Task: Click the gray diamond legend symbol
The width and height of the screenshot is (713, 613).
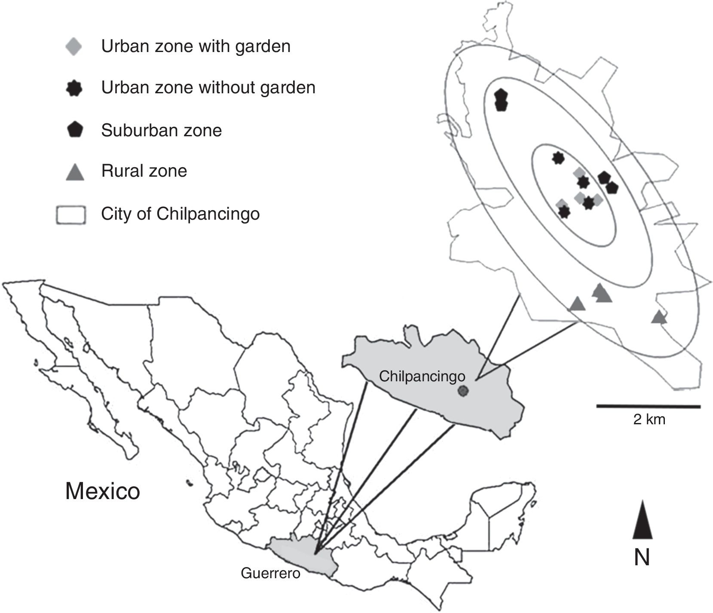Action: tap(73, 46)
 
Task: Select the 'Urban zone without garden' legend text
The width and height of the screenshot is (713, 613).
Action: tap(208, 88)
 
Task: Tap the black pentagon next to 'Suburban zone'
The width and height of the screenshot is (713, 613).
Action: tap(74, 129)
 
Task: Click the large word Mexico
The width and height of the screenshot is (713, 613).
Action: tap(103, 490)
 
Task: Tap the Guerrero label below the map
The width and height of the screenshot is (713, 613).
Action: tap(270, 573)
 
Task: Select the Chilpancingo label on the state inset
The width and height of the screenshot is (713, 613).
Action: tap(422, 377)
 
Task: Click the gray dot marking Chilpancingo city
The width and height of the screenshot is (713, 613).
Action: tap(462, 391)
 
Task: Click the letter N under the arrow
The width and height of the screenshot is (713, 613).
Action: tap(642, 558)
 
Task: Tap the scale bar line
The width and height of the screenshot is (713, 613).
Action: tap(648, 406)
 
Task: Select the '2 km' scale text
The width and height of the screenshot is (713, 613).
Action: tap(649, 420)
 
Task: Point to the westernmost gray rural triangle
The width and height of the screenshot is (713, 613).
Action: tap(577, 304)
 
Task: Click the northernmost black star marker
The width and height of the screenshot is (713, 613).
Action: tap(557, 158)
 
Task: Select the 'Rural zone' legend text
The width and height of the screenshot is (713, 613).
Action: tap(144, 171)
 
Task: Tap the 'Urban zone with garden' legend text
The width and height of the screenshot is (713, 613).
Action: tap(196, 46)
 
